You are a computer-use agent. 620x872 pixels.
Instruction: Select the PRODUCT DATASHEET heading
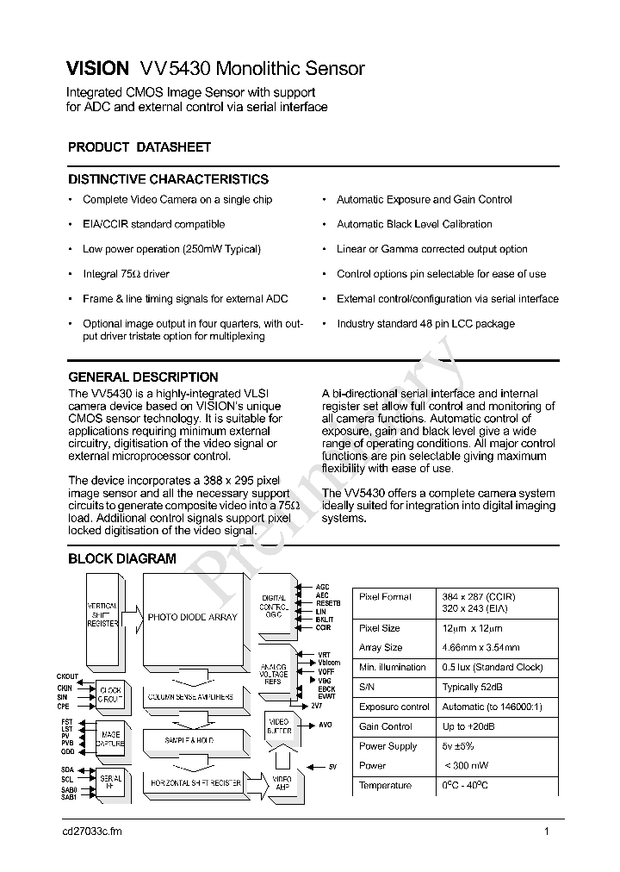click(139, 147)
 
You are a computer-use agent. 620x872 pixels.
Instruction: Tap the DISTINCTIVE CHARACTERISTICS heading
click(168, 179)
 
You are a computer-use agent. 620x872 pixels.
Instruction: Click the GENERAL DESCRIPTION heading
click(143, 377)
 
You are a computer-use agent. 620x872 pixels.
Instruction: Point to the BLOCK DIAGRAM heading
click(121, 558)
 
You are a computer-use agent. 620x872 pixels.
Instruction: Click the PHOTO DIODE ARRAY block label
click(191, 617)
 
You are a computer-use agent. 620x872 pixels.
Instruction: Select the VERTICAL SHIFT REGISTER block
click(102, 614)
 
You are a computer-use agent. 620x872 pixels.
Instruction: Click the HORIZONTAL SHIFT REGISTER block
click(195, 783)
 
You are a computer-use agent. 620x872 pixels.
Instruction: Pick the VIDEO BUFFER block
click(279, 726)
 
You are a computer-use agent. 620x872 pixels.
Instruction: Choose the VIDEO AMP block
click(282, 783)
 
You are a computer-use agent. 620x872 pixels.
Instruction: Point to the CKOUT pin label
click(68, 676)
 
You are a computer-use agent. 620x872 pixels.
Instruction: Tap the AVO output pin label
click(325, 726)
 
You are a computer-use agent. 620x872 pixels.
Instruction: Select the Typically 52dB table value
click(473, 687)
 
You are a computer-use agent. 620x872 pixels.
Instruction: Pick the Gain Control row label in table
click(386, 726)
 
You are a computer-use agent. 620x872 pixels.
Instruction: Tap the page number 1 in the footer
click(547, 832)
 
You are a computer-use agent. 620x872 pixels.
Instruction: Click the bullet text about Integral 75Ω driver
click(126, 274)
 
